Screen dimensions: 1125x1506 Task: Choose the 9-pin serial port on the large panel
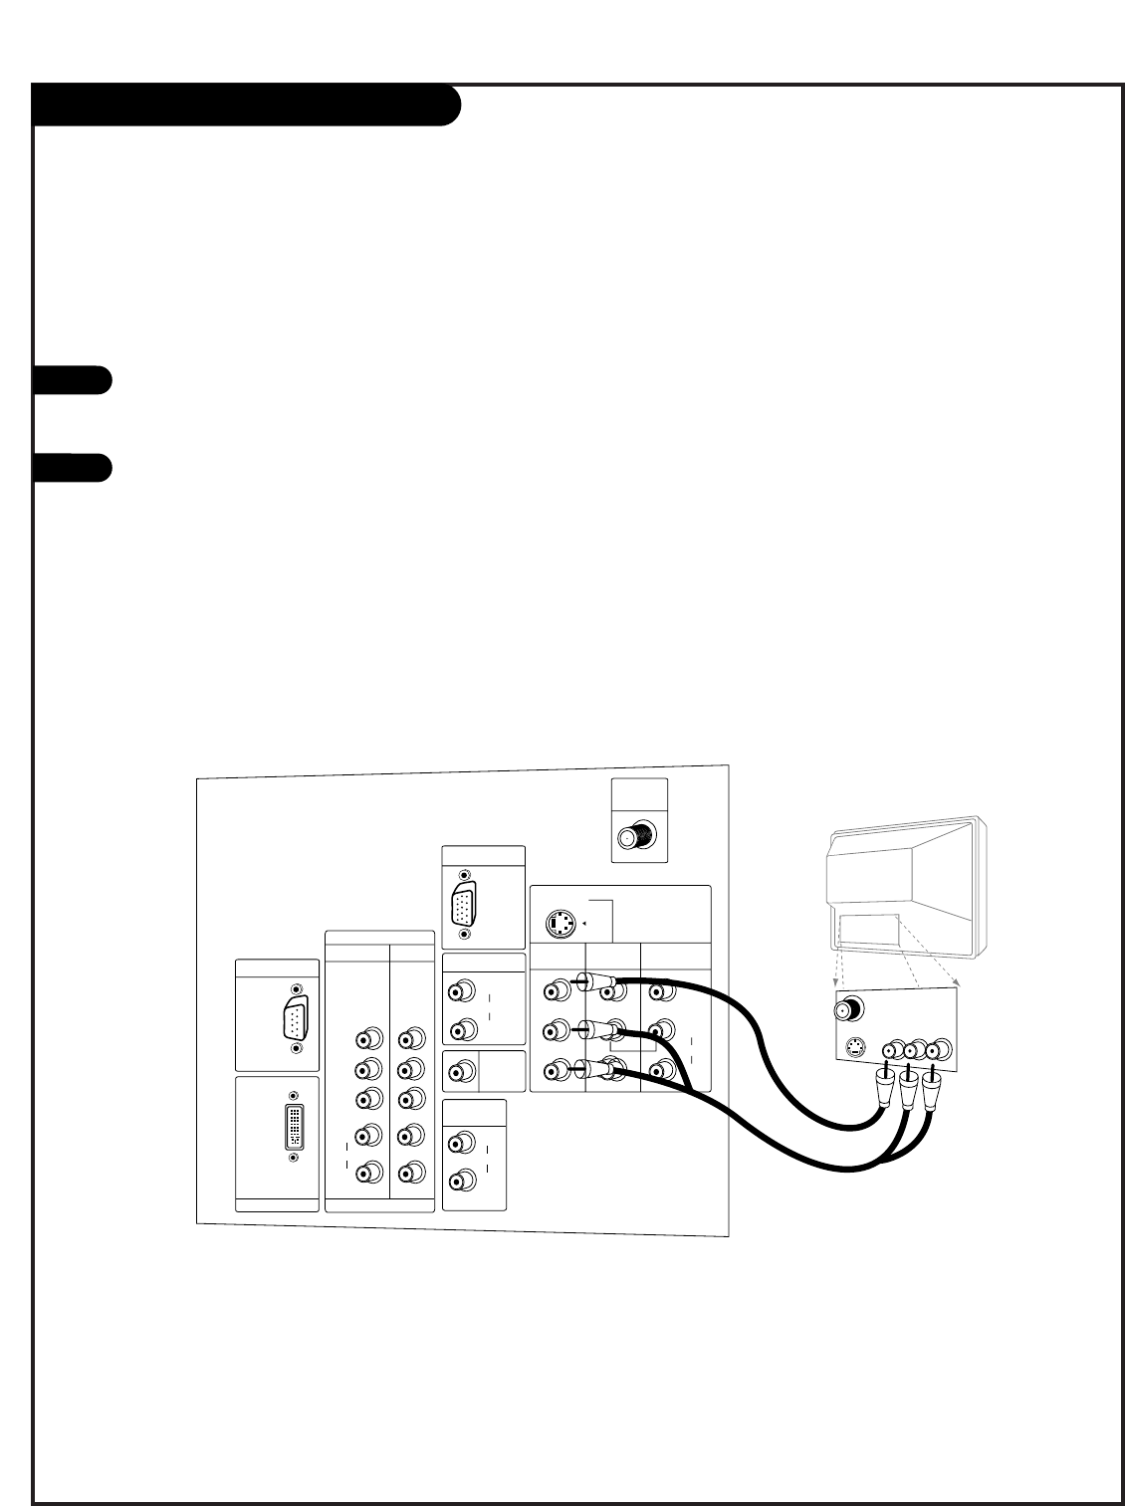296,1018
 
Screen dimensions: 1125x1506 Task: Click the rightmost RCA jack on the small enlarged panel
941,1049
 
